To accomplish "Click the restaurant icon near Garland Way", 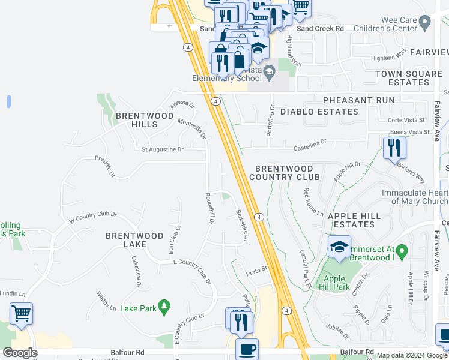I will click(x=394, y=148).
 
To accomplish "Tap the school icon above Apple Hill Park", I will click(x=339, y=246).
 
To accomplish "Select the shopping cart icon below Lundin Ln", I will click(x=21, y=313).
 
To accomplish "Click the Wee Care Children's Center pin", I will click(x=425, y=23).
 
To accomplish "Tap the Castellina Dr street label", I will click(x=310, y=145).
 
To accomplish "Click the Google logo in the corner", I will click(x=20, y=353).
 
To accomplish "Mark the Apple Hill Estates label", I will click(x=354, y=220).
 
